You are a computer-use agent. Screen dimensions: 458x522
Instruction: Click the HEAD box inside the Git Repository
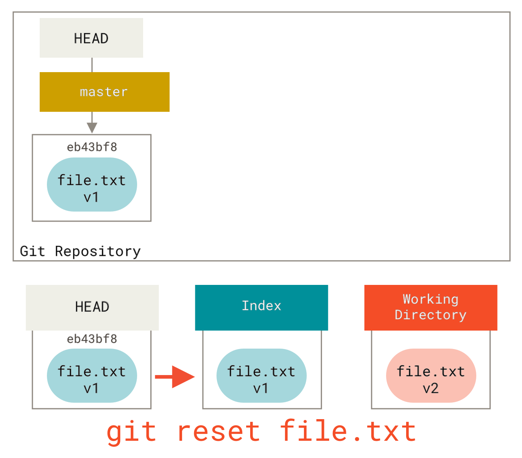(91, 38)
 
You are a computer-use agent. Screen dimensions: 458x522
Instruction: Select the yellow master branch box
(104, 92)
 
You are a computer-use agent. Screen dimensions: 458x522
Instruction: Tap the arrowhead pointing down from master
(92, 128)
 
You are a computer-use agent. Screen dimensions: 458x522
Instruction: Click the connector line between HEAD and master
(92, 65)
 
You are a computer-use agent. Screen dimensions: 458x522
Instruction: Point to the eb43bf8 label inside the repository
(92, 147)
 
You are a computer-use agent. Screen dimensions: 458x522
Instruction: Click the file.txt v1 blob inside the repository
(92, 185)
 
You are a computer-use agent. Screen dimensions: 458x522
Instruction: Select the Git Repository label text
(81, 251)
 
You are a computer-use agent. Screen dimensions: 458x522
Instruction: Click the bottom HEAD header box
(92, 307)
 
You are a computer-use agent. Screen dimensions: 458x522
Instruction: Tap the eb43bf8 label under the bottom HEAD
(92, 339)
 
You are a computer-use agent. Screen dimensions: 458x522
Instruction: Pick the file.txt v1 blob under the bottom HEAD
(92, 376)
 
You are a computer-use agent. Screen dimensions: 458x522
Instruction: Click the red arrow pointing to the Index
(175, 377)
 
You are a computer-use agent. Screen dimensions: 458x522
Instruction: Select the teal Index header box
(261, 307)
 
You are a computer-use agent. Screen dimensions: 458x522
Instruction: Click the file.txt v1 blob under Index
(261, 376)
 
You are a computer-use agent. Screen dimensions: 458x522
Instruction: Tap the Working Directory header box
(431, 307)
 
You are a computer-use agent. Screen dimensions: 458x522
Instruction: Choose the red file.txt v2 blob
(431, 376)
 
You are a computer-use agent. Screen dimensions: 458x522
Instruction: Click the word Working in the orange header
(431, 299)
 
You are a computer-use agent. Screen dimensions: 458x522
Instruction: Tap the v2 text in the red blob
(431, 388)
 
